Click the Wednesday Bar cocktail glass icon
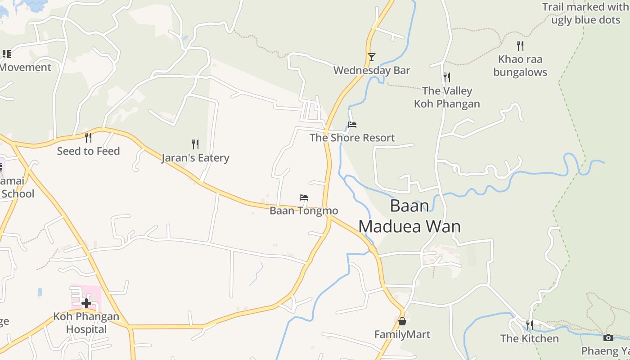pyautogui.click(x=371, y=57)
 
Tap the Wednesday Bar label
pyautogui.click(x=372, y=71)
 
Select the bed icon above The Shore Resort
pyautogui.click(x=352, y=125)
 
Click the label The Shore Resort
pyautogui.click(x=352, y=138)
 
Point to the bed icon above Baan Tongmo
pyautogui.click(x=304, y=198)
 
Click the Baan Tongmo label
pyautogui.click(x=304, y=211)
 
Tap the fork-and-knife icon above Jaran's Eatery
pyautogui.click(x=195, y=144)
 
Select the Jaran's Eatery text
pyautogui.click(x=195, y=158)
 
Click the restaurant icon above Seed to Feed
pyautogui.click(x=88, y=138)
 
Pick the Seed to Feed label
pyautogui.click(x=88, y=151)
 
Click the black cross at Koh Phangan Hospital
pyautogui.click(x=86, y=303)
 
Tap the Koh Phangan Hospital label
pyautogui.click(x=86, y=323)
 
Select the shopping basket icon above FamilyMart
pyautogui.click(x=402, y=321)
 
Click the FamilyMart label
pyautogui.click(x=402, y=334)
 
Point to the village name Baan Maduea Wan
pyautogui.click(x=409, y=216)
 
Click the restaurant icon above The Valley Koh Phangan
pyautogui.click(x=446, y=77)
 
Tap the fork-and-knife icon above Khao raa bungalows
pyautogui.click(x=520, y=45)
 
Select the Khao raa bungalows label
pyautogui.click(x=520, y=66)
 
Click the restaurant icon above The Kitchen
pyautogui.click(x=530, y=325)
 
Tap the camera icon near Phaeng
pyautogui.click(x=608, y=337)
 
